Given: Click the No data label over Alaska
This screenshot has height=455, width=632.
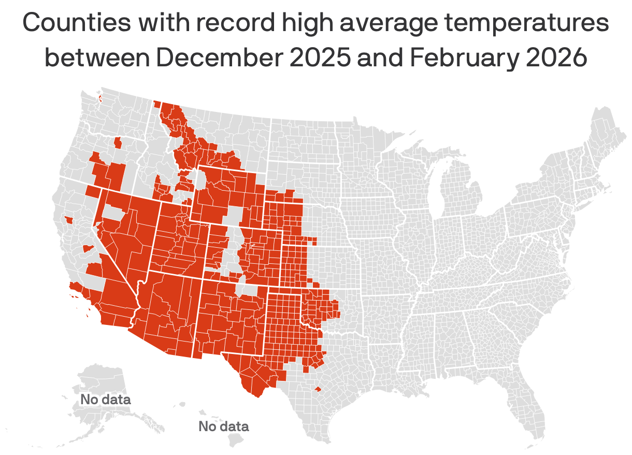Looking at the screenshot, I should click(x=105, y=400).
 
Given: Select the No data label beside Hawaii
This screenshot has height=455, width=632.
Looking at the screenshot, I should click(x=223, y=426).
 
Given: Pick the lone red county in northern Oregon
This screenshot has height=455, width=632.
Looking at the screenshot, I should click(x=118, y=143).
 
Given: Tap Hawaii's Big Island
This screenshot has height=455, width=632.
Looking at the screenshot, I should click(x=236, y=439).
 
